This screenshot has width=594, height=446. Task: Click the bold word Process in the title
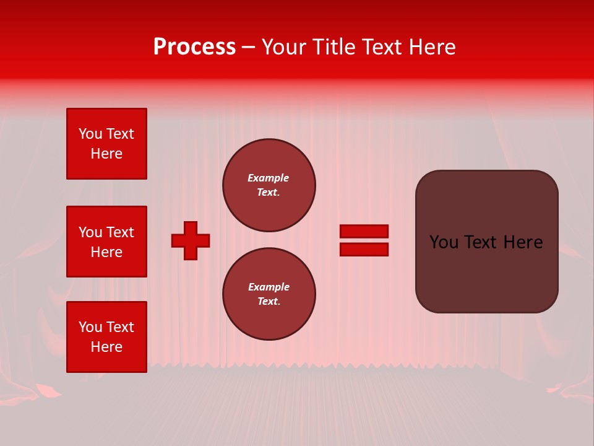(194, 47)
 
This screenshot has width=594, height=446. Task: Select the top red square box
(106, 144)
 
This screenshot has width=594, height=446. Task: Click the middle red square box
(106, 242)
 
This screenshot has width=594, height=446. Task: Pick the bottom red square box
(106, 337)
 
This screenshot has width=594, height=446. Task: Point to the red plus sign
(191, 240)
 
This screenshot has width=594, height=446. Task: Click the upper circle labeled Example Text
(269, 185)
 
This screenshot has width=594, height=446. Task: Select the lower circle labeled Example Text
(269, 294)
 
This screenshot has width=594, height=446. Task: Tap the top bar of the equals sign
(364, 231)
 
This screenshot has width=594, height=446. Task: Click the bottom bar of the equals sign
(364, 249)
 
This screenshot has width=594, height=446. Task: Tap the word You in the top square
(90, 134)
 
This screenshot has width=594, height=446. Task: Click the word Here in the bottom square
(106, 347)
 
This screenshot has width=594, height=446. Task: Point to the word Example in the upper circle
(269, 178)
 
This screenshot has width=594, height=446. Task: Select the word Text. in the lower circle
(269, 301)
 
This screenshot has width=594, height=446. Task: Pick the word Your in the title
(284, 47)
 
